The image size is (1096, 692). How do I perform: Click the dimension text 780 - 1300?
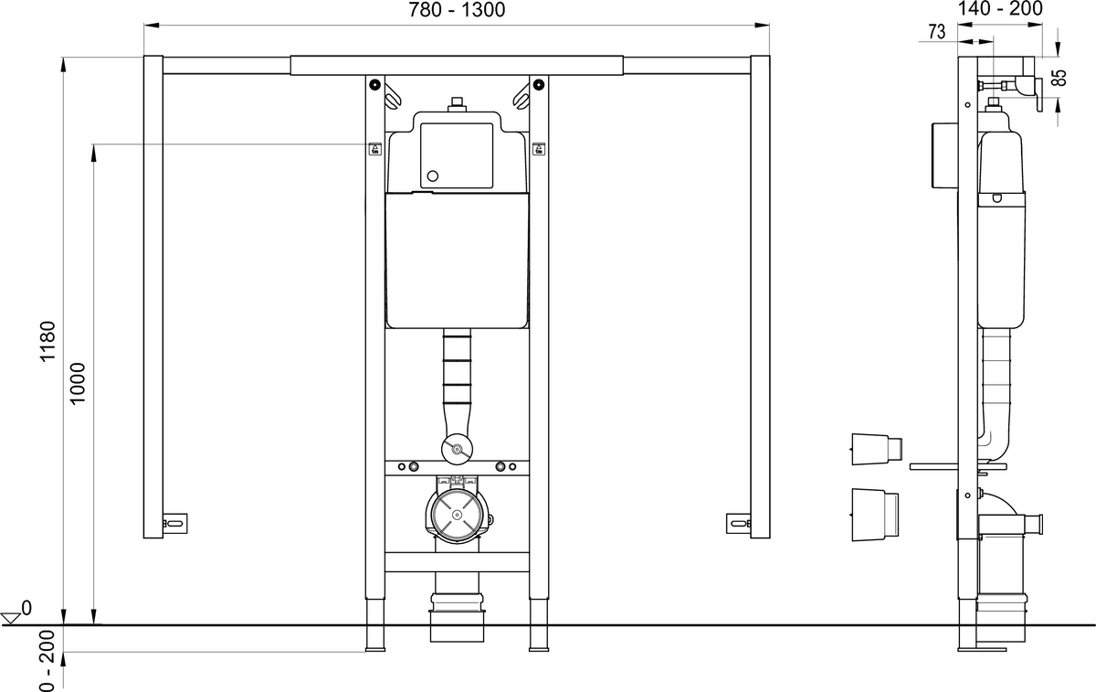pyautogui.click(x=457, y=10)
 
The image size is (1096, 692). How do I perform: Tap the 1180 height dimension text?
pyautogui.click(x=47, y=341)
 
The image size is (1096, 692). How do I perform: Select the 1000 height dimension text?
pyautogui.click(x=78, y=383)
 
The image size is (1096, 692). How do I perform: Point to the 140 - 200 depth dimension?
pyautogui.click(x=999, y=8)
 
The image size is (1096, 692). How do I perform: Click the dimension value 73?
pyautogui.click(x=936, y=32)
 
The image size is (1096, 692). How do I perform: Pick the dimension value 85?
pyautogui.click(x=1059, y=77)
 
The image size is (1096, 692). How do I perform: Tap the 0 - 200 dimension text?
pyautogui.click(x=47, y=660)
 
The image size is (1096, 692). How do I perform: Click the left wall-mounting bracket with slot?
pyautogui.click(x=174, y=524)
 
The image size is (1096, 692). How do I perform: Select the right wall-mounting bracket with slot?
pyautogui.click(x=738, y=524)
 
